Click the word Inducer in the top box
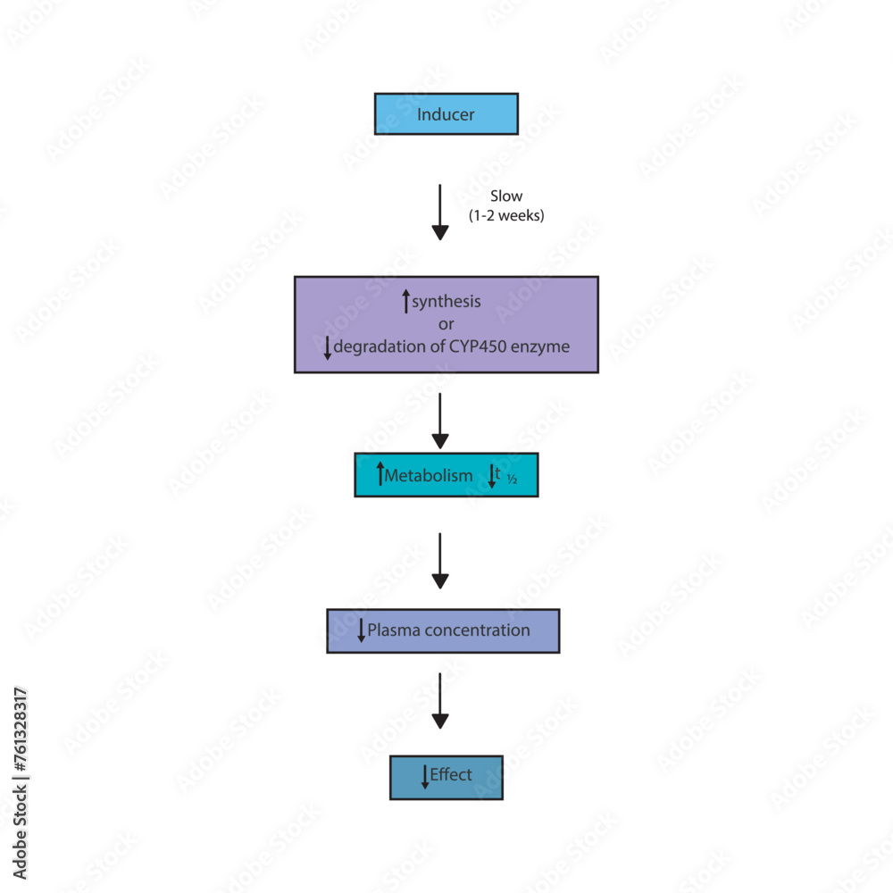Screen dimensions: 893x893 pyautogui.click(x=446, y=114)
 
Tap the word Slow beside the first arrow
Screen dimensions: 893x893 pyautogui.click(x=506, y=196)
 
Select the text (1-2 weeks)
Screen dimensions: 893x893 pyautogui.click(x=506, y=215)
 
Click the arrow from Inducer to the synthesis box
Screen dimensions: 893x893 pyautogui.click(x=439, y=213)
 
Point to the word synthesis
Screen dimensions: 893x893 pyautogui.click(x=446, y=301)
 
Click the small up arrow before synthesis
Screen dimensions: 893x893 pyautogui.click(x=406, y=301)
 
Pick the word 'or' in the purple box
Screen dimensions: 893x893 pyautogui.click(x=446, y=323)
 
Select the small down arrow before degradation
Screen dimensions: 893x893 pyautogui.click(x=328, y=347)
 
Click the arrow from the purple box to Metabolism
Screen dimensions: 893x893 pyautogui.click(x=439, y=421)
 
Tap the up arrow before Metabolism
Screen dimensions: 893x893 pyautogui.click(x=380, y=475)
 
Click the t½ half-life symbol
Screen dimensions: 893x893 pyautogui.click(x=505, y=477)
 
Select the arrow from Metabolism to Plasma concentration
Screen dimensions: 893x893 pyautogui.click(x=439, y=561)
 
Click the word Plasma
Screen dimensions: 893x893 pyautogui.click(x=394, y=630)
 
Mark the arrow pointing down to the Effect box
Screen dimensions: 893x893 pyautogui.click(x=439, y=701)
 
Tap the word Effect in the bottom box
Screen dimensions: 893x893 pyautogui.click(x=451, y=775)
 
